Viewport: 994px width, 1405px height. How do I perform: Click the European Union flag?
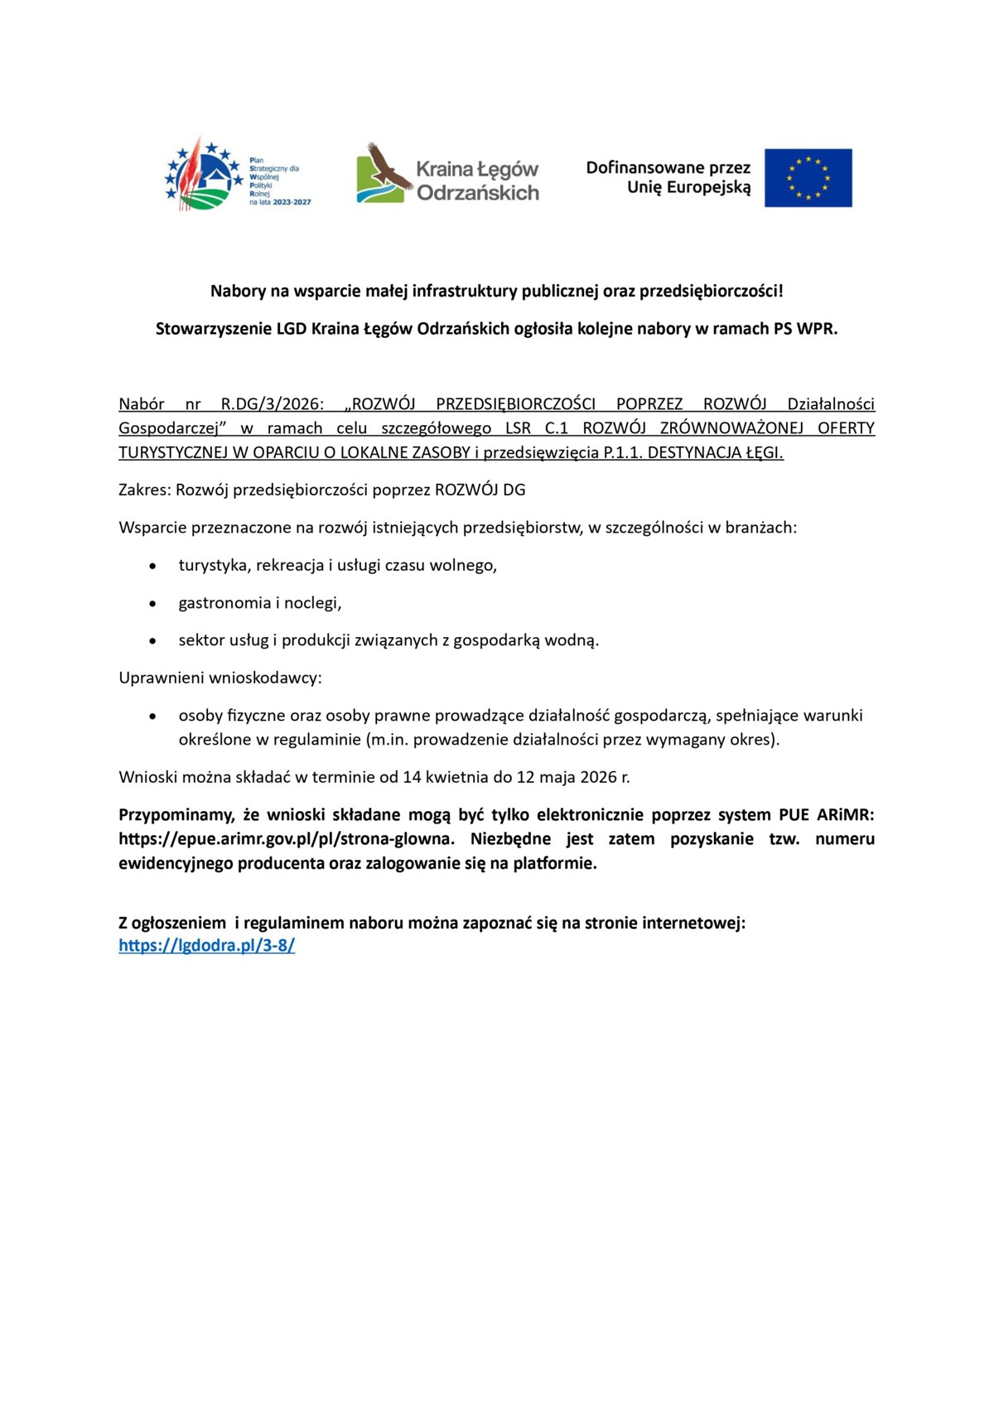808,178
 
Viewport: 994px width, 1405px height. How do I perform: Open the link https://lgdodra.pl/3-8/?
206,945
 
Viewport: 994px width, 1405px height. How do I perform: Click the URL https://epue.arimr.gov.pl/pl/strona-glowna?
287,838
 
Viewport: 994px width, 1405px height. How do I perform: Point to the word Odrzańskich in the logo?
477,193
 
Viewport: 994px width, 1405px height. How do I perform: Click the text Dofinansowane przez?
668,168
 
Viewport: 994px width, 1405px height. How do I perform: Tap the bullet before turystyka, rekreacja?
152,567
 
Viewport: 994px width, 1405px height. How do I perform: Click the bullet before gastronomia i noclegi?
152,604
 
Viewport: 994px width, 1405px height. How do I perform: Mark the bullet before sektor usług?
152,641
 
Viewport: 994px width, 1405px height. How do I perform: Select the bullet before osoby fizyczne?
152,716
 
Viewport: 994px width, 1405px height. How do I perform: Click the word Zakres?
144,490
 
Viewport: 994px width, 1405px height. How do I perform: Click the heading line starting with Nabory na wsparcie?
496,291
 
